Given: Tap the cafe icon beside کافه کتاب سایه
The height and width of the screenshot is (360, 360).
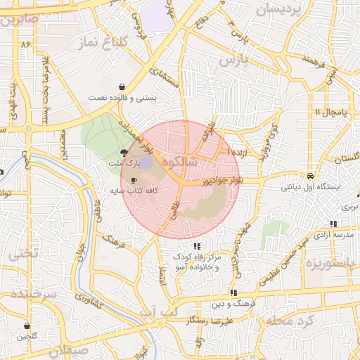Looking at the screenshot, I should pyautogui.click(x=134, y=181).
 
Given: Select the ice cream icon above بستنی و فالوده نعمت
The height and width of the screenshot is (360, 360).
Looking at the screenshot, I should pyautogui.click(x=124, y=87).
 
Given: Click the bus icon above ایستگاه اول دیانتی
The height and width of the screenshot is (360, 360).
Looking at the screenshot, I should pyautogui.click(x=311, y=176).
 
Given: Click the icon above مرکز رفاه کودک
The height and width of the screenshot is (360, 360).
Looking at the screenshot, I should pyautogui.click(x=198, y=246).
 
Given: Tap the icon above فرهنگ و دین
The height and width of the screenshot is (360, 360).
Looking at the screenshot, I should pyautogui.click(x=233, y=292).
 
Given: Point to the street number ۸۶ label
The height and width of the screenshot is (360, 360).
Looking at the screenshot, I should pyautogui.click(x=27, y=44).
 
